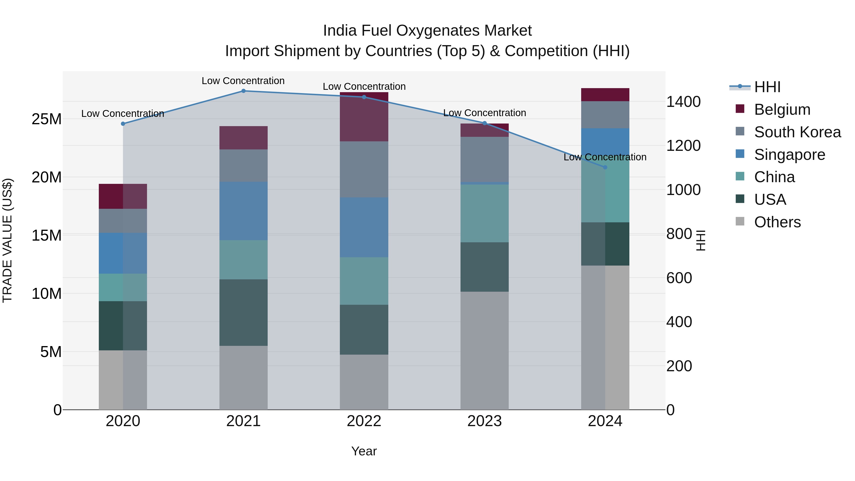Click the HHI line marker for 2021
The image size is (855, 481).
(x=243, y=91)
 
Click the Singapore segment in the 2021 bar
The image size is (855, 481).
(x=243, y=211)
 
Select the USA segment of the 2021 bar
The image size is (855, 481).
(x=243, y=312)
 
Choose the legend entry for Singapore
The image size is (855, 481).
(x=789, y=154)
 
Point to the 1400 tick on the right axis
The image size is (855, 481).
(x=683, y=102)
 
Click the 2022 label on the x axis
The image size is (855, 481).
(x=364, y=421)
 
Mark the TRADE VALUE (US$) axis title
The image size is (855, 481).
(x=8, y=240)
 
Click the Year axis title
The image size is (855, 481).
(x=364, y=451)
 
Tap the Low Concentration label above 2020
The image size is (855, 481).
(x=123, y=114)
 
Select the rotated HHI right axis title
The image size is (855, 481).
(x=700, y=240)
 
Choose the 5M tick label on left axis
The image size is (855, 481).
(x=51, y=352)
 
